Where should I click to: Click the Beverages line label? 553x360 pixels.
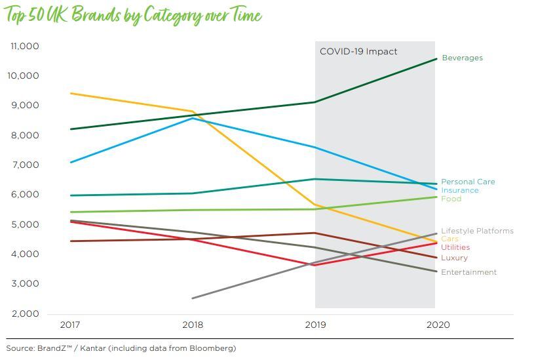pyautogui.click(x=462, y=58)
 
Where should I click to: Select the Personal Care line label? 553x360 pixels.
pyautogui.click(x=468, y=182)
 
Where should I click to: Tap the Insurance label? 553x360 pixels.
pyautogui.click(x=459, y=190)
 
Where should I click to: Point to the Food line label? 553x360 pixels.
pyautogui.click(x=451, y=199)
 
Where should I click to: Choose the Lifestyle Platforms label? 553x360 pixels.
pyautogui.click(x=477, y=231)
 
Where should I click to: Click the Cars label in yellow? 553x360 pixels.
pyautogui.click(x=449, y=239)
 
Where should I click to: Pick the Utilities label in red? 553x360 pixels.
pyautogui.click(x=455, y=247)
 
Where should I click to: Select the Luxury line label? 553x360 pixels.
pyautogui.click(x=454, y=258)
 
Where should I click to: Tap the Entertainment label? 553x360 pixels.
pyautogui.click(x=468, y=272)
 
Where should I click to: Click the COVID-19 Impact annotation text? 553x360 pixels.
pyautogui.click(x=358, y=51)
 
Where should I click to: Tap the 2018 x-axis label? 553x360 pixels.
pyautogui.click(x=193, y=325)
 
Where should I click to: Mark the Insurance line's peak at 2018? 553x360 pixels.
pyautogui.click(x=193, y=118)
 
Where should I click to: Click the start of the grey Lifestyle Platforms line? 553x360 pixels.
pyautogui.click(x=193, y=298)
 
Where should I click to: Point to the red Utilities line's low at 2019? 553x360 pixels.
pyautogui.click(x=315, y=265)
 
